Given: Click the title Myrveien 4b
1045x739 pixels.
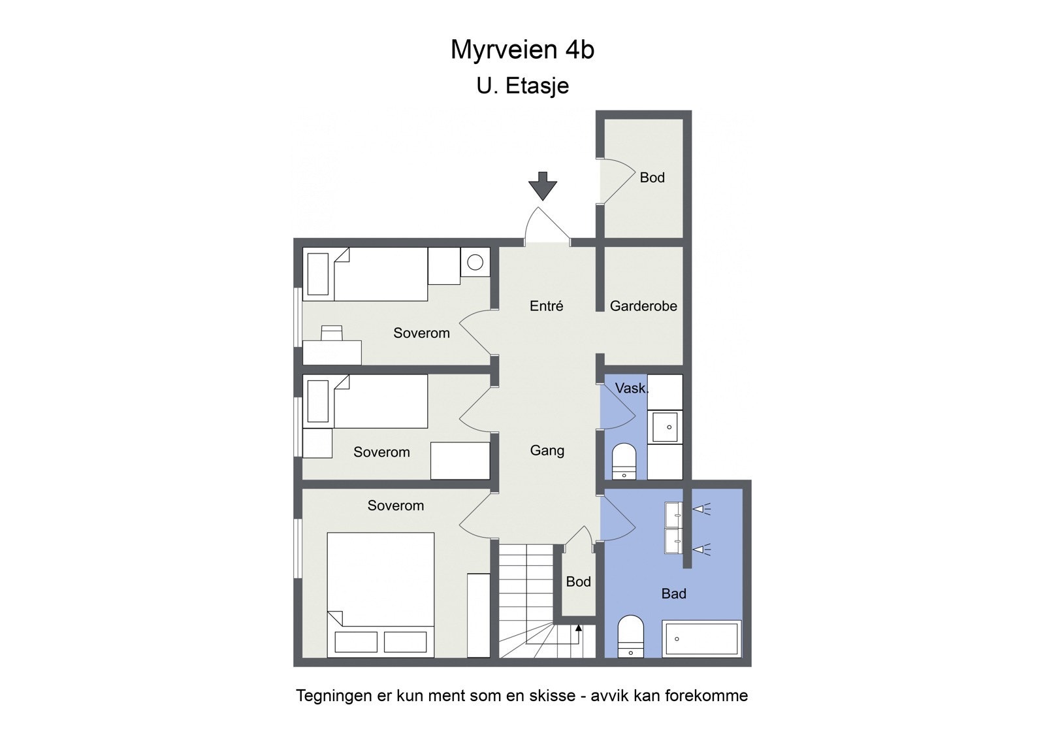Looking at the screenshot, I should (x=522, y=50).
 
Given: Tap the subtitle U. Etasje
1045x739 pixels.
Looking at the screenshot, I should (x=522, y=86).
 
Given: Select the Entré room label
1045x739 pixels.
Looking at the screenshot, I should (x=546, y=306).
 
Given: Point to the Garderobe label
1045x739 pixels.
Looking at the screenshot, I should (x=643, y=306).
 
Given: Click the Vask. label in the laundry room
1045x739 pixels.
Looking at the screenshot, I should (x=631, y=388).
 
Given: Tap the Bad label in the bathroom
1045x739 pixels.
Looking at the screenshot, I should (x=673, y=593).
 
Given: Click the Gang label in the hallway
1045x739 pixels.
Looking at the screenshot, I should (x=547, y=450).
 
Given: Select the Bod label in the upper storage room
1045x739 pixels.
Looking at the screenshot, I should (x=652, y=178).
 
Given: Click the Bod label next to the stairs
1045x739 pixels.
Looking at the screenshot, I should (x=578, y=582).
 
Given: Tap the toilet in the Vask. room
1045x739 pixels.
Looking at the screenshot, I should (x=624, y=461).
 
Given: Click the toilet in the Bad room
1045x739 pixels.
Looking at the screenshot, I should (x=630, y=635).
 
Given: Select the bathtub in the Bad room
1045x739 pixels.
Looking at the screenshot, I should (x=701, y=638).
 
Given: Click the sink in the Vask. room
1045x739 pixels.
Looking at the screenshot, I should (x=664, y=427).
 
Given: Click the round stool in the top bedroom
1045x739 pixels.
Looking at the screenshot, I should (x=475, y=263).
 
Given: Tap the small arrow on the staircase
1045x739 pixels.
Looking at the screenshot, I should (x=579, y=629).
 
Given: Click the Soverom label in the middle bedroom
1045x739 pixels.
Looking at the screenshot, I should (x=381, y=452).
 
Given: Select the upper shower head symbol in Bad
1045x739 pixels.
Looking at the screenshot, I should (x=701, y=509).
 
